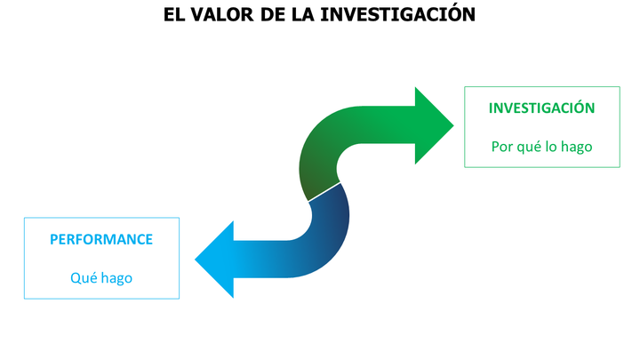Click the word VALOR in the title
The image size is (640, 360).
(222, 15)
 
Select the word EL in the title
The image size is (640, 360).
(174, 15)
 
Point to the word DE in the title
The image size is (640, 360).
(273, 15)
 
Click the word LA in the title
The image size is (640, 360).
(303, 15)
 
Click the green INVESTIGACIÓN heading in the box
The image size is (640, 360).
(541, 108)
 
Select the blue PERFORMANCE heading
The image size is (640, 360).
(101, 239)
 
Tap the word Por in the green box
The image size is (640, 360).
(501, 147)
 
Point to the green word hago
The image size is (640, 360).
(576, 148)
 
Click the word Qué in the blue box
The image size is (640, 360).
(84, 277)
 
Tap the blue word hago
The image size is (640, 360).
(116, 279)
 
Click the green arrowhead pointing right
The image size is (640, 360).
(434, 125)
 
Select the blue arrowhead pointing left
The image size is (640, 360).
(214, 260)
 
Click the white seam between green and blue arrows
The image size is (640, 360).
(324, 192)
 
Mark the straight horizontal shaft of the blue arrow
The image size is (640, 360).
(261, 260)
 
